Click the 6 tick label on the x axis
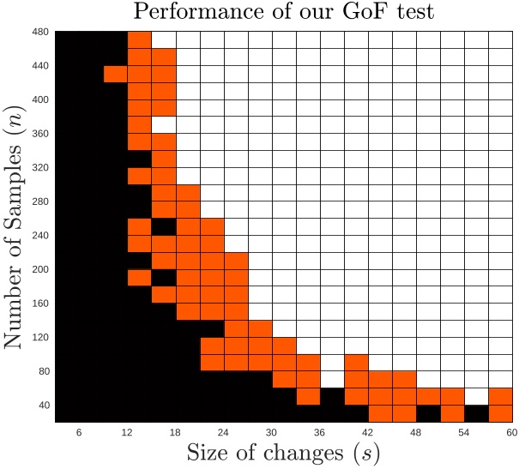(x=80, y=432)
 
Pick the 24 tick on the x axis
(x=224, y=432)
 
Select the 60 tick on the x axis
(x=512, y=432)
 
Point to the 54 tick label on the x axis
(x=464, y=432)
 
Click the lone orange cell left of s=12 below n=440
(x=115, y=74)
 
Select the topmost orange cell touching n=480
(x=139, y=40)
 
